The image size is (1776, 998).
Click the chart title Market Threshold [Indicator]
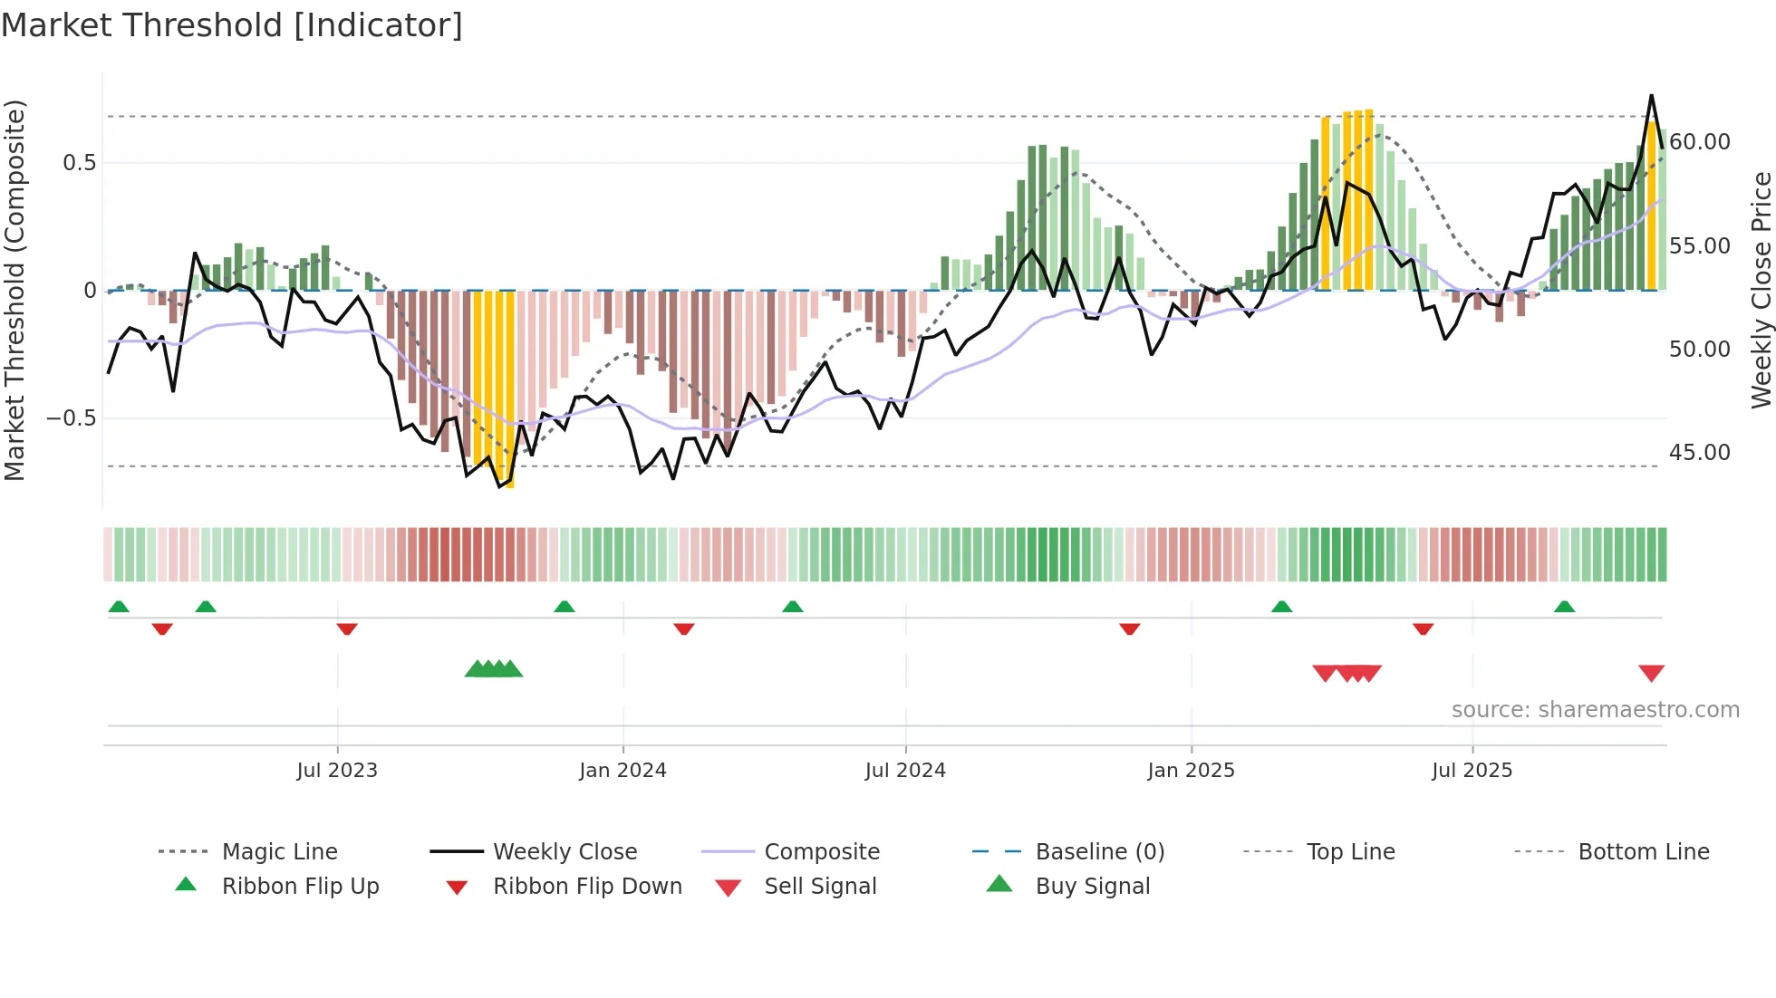(x=232, y=25)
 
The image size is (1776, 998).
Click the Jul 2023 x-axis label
(x=337, y=771)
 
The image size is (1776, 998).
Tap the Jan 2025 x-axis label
(x=1191, y=771)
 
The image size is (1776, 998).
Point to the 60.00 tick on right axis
(x=1700, y=142)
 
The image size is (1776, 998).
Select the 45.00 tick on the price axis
(x=1700, y=453)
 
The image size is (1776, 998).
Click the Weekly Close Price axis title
(x=1761, y=290)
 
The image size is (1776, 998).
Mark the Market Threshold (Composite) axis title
(x=14, y=290)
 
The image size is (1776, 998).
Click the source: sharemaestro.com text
(x=1595, y=710)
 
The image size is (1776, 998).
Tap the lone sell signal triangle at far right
(x=1651, y=673)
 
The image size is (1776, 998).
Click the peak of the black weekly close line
(x=1651, y=95)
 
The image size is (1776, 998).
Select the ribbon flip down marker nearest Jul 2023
(x=347, y=629)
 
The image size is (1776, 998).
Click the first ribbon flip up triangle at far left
(x=119, y=607)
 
